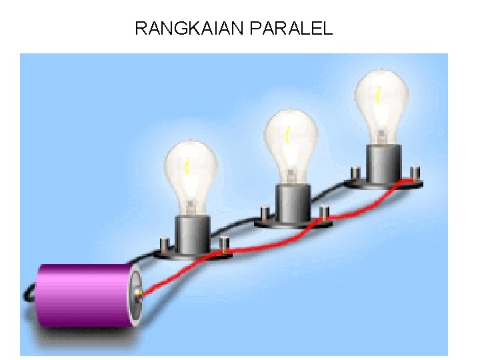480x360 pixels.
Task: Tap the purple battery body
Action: click(x=83, y=296)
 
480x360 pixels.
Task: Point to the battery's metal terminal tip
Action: click(x=139, y=293)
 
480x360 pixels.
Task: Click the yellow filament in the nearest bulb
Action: click(x=188, y=167)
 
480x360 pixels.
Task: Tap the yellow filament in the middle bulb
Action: click(x=287, y=136)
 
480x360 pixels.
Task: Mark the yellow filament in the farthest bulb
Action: click(x=378, y=96)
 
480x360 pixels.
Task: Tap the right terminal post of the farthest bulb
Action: click(x=415, y=174)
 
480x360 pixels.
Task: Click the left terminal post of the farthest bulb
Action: click(x=355, y=173)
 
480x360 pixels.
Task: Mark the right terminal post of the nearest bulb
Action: click(x=225, y=244)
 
